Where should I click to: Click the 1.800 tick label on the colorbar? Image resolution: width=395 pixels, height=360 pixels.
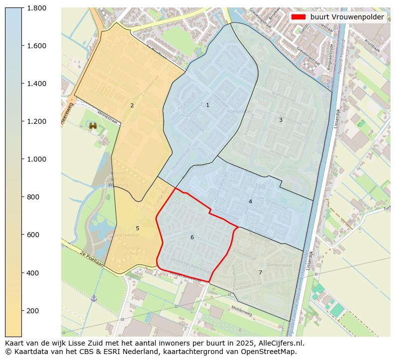pyautogui.click(x=36, y=8)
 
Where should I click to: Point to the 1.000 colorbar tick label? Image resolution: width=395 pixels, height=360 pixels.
pyautogui.click(x=36, y=159)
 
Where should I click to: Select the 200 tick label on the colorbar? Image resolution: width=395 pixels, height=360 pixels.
pyautogui.click(x=33, y=311)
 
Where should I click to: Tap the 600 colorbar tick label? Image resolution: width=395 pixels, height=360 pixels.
pyautogui.click(x=33, y=235)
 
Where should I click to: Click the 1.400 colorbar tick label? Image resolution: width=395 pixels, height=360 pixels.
pyautogui.click(x=36, y=84)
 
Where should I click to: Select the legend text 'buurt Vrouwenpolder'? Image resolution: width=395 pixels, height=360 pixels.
pyautogui.click(x=347, y=17)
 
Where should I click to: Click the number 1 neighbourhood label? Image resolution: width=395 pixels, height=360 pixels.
pyautogui.click(x=207, y=105)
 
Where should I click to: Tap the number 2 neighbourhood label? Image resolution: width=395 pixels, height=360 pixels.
pyautogui.click(x=132, y=105)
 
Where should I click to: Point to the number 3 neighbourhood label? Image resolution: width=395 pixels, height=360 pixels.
pyautogui.click(x=281, y=120)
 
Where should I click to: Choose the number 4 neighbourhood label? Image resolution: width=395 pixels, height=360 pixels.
pyautogui.click(x=250, y=201)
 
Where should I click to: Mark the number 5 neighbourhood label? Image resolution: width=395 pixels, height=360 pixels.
pyautogui.click(x=137, y=228)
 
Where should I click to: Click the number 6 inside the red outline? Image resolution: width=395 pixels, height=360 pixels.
pyautogui.click(x=192, y=237)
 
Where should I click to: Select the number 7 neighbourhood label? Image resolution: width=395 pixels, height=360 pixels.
pyautogui.click(x=260, y=272)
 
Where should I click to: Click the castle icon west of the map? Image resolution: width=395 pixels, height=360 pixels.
pyautogui.click(x=93, y=126)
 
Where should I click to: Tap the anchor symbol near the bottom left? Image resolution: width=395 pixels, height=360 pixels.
pyautogui.click(x=94, y=298)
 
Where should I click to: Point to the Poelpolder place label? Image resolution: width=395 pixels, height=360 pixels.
pyautogui.click(x=237, y=111)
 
